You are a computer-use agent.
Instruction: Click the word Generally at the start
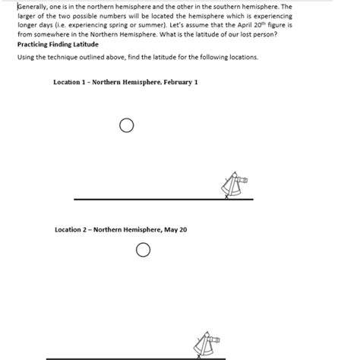tap(33, 6)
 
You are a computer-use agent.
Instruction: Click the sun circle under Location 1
tap(126, 125)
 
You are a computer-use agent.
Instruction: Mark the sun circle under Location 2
tap(143, 250)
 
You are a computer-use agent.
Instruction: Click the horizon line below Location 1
tap(152, 199)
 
